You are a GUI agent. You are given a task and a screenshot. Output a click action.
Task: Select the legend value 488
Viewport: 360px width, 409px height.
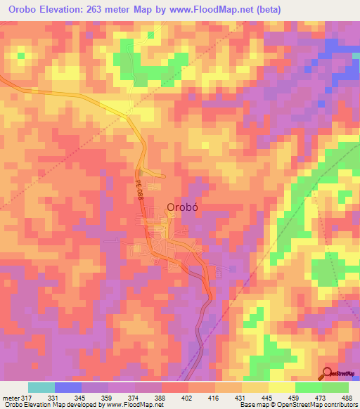[346, 397]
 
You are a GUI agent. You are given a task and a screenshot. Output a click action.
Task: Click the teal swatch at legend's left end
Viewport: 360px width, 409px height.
[41, 387]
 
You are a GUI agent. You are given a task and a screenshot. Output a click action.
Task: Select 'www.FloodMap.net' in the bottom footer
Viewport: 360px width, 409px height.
[129, 405]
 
